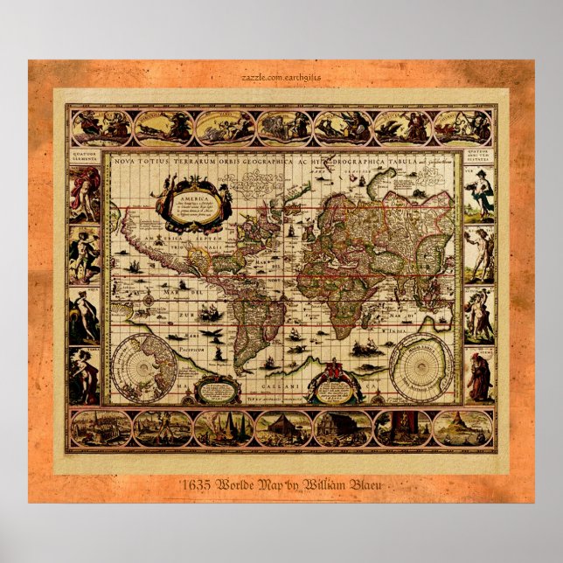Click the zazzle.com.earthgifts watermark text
[x=281, y=77]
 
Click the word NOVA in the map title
[x=127, y=160]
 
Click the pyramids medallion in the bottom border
[x=224, y=428]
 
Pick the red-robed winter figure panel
[x=479, y=376]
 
